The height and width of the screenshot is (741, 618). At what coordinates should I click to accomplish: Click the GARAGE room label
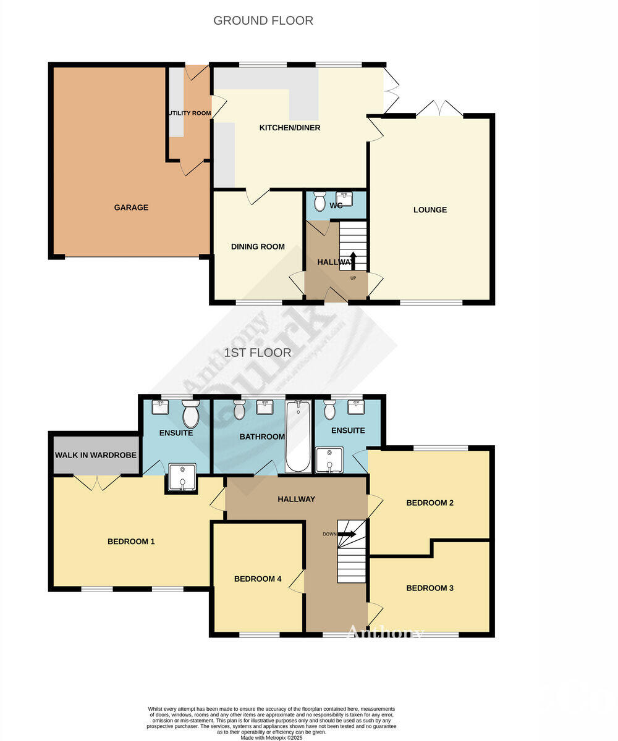coord(131,207)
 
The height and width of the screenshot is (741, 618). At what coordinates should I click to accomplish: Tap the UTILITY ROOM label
coord(190,114)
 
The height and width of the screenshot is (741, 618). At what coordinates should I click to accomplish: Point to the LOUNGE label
coord(430,210)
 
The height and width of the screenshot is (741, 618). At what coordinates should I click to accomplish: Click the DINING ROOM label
coord(258,247)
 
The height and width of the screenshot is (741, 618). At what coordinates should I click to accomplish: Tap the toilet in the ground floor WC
coord(320,201)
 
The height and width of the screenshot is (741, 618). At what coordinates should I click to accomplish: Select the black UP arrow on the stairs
coord(353,260)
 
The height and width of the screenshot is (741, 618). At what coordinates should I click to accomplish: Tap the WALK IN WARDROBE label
coord(96,456)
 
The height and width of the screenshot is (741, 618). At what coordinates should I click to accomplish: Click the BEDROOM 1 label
coord(131,542)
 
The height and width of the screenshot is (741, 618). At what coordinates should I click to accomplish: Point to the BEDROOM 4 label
coord(258,579)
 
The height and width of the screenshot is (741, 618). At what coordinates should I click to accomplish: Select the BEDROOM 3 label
coord(430,588)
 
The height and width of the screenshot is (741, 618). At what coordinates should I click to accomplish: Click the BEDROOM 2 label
coord(430,503)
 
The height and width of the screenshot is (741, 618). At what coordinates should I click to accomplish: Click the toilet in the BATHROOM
coord(239,408)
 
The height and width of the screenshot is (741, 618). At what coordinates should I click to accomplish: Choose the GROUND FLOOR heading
coord(263,20)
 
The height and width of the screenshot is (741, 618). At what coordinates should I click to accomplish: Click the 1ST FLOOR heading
coord(258,353)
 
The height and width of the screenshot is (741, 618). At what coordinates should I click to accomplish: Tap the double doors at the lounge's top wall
coord(439,109)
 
